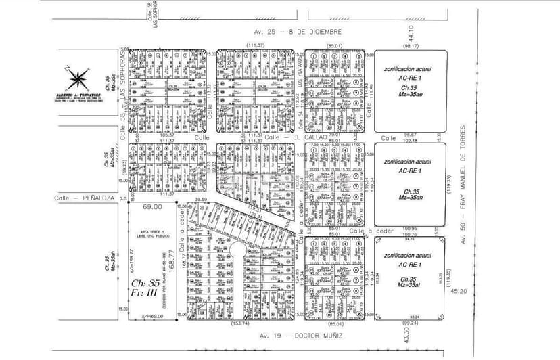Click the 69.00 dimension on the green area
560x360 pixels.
point(152,206)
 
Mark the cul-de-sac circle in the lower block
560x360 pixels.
point(239,251)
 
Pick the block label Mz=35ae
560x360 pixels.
point(409,96)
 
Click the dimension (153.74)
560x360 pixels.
point(239,323)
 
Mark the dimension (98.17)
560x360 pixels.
point(411,45)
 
